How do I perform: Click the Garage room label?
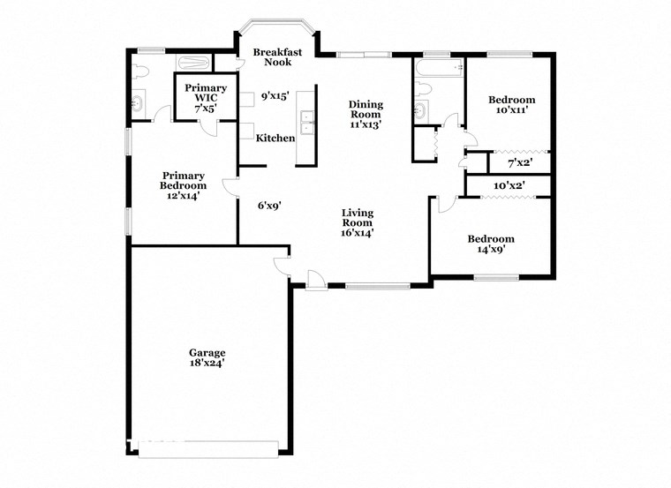[206, 351]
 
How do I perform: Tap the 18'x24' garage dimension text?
[206, 363]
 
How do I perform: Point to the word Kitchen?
[275, 139]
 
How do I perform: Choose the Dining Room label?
[365, 109]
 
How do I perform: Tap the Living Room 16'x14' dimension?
[358, 233]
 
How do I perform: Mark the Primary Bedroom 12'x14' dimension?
[183, 196]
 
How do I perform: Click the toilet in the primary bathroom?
[140, 72]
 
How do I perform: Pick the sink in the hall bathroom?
[420, 110]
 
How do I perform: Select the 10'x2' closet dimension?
[509, 186]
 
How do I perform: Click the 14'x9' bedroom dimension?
[490, 250]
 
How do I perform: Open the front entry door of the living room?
[313, 279]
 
